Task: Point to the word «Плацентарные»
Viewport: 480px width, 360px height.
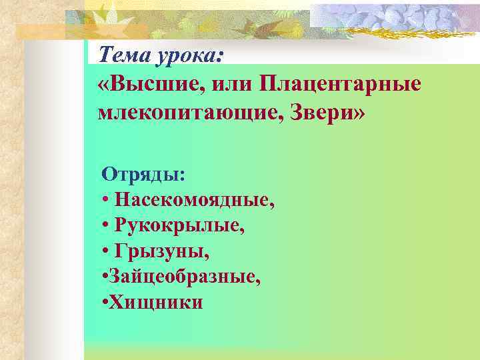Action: (341, 85)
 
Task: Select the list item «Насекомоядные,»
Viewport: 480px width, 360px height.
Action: (195, 200)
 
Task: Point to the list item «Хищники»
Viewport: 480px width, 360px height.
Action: (156, 302)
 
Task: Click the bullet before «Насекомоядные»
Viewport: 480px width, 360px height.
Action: (106, 201)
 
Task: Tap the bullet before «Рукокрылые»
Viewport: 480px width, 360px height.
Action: (106, 226)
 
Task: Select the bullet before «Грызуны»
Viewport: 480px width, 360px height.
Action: (106, 252)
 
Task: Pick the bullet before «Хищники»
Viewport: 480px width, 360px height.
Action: (105, 303)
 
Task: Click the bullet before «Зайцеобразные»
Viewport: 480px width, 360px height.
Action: (105, 277)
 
